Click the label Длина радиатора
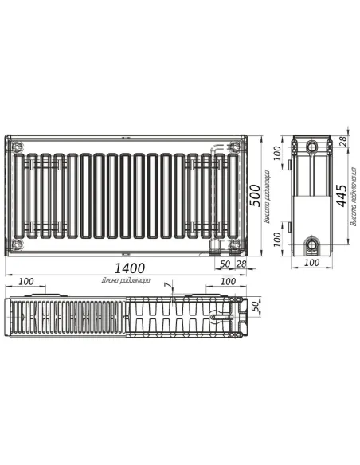coord(126,281)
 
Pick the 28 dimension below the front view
coord(240,263)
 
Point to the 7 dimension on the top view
coord(167,285)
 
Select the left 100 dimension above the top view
coord(25,281)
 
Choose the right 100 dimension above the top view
coord(227,281)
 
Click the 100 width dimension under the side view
coord(311,262)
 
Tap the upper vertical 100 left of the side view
coord(278,150)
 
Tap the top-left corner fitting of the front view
coord(18,147)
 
